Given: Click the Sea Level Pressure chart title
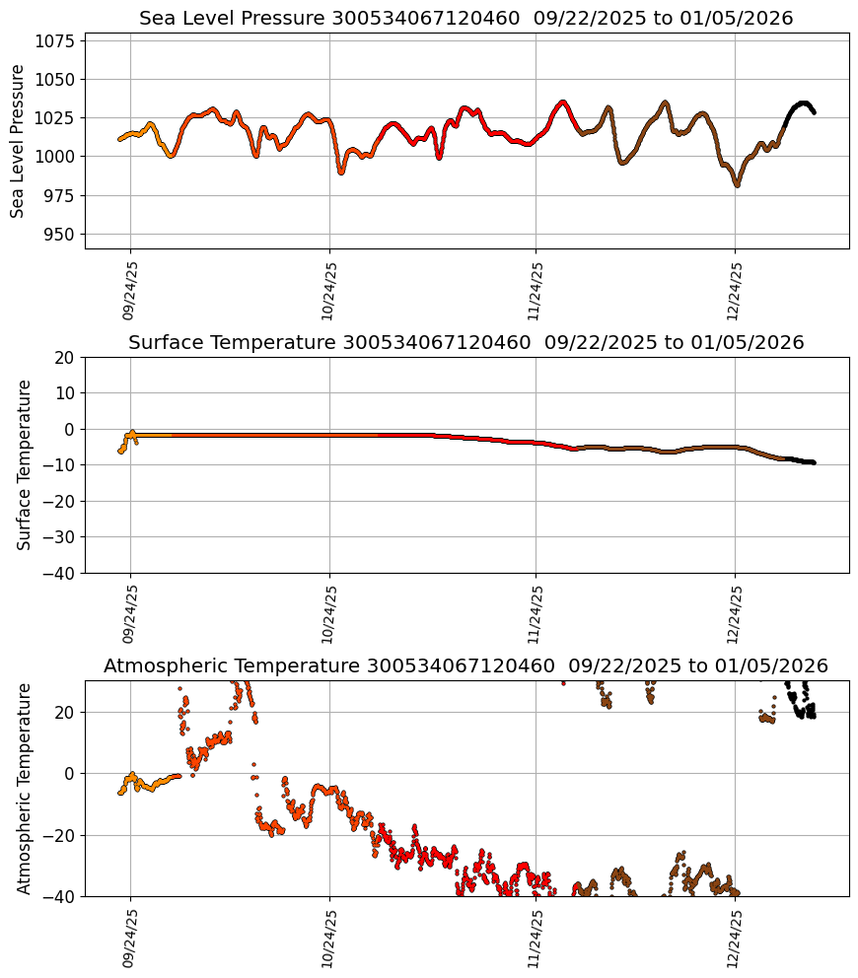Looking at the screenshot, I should [x=465, y=19].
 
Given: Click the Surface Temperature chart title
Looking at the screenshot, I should [x=465, y=343].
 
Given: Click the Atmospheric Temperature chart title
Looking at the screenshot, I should [x=465, y=666].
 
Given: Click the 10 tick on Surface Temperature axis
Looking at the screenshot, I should [x=66, y=393].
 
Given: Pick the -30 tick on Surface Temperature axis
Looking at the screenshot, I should [x=61, y=537].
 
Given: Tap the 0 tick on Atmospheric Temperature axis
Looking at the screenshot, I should [x=71, y=774].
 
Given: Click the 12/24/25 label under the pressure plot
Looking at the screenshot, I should [x=734, y=291].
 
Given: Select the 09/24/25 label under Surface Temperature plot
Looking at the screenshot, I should [x=129, y=615].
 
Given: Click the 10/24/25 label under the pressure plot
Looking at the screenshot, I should [x=329, y=291].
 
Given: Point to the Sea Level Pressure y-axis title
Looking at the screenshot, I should [x=18, y=141].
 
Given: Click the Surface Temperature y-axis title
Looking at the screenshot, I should [x=25, y=464].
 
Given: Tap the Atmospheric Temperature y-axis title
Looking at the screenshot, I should [x=25, y=788].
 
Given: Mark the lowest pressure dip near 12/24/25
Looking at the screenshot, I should [x=737, y=185].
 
